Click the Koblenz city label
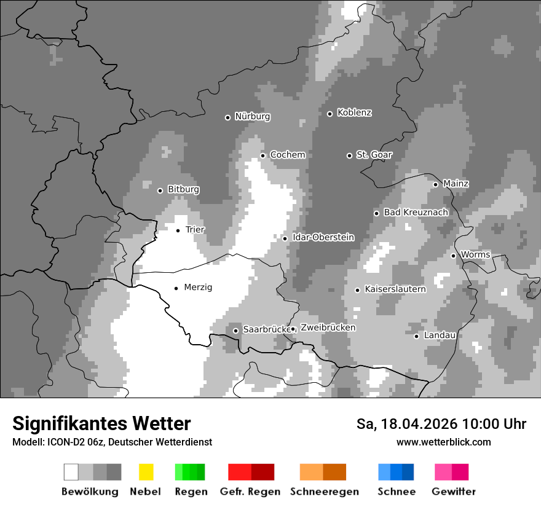(x=354, y=112)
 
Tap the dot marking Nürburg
(x=227, y=117)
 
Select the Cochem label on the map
(x=287, y=155)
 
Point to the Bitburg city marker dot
(x=160, y=190)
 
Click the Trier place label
(x=195, y=230)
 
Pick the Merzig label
(x=198, y=287)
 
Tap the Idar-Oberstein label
(x=323, y=237)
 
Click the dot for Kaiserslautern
(x=357, y=290)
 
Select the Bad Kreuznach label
(x=416, y=212)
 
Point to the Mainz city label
(x=456, y=184)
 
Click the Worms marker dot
(x=453, y=256)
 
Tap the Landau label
(x=440, y=335)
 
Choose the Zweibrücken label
(x=328, y=328)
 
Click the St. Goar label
(x=374, y=155)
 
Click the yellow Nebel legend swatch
(x=146, y=472)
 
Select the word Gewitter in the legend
(x=453, y=492)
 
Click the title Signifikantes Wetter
(x=101, y=423)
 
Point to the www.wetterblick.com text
(x=443, y=442)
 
